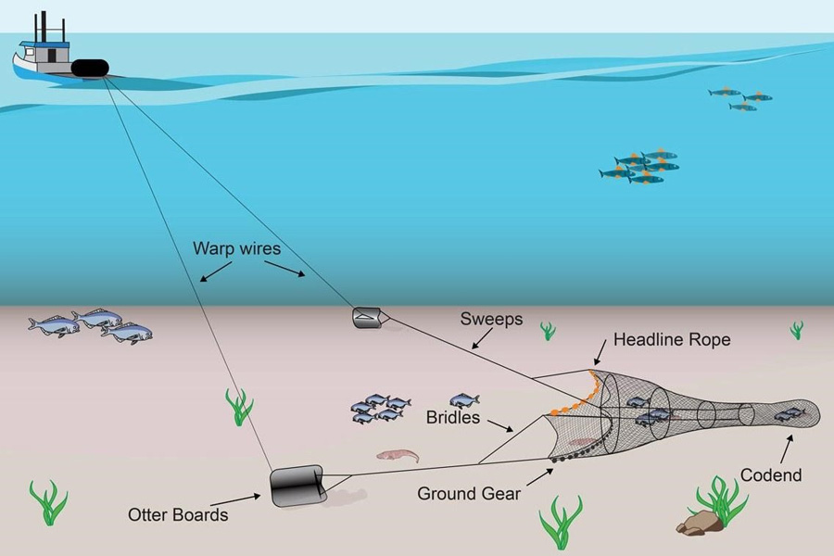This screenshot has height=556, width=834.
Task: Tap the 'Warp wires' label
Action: pos(238,248)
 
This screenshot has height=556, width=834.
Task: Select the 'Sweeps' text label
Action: pos(491,320)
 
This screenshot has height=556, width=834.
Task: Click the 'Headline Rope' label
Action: pos(671,340)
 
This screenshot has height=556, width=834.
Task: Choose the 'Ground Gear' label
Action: pos(469,494)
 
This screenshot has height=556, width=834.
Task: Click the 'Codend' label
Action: pos(771,475)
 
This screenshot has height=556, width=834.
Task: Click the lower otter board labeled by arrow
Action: pos(296,485)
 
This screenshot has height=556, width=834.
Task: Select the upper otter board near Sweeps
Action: pos(364,317)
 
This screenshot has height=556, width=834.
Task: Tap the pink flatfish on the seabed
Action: pos(398,456)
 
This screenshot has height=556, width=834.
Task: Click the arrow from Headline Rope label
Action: pos(600,352)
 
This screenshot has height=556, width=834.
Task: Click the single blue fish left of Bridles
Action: pos(464,400)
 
